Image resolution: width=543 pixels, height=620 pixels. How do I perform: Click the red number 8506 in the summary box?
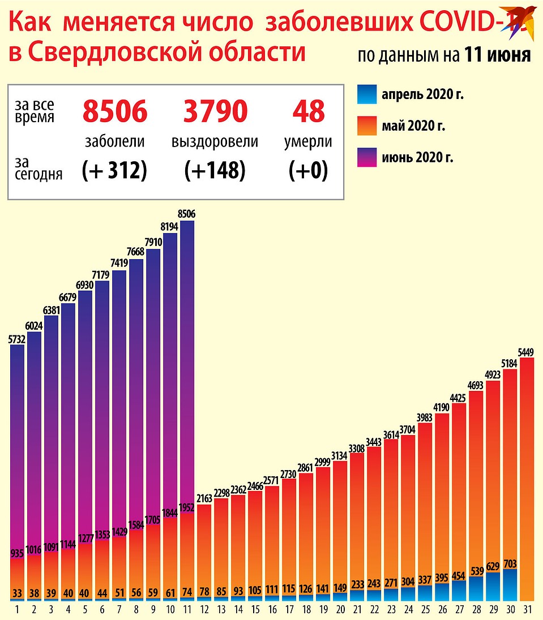[x=115, y=111]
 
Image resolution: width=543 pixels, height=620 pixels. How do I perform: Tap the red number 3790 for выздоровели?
[x=215, y=111]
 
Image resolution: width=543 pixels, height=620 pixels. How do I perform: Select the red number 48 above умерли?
[x=308, y=111]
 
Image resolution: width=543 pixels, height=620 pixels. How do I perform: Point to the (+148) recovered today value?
[x=215, y=170]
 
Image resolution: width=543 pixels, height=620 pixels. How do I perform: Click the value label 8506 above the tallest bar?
[x=186, y=214]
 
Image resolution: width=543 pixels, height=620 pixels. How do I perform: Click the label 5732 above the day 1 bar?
[x=17, y=338]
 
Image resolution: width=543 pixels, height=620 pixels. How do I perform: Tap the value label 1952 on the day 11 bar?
[x=186, y=507]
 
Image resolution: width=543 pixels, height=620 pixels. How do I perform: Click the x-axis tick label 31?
[x=527, y=610]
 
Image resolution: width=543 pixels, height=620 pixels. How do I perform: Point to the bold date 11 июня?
[x=497, y=55]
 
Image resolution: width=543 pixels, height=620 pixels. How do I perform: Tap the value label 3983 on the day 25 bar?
[x=425, y=417]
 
